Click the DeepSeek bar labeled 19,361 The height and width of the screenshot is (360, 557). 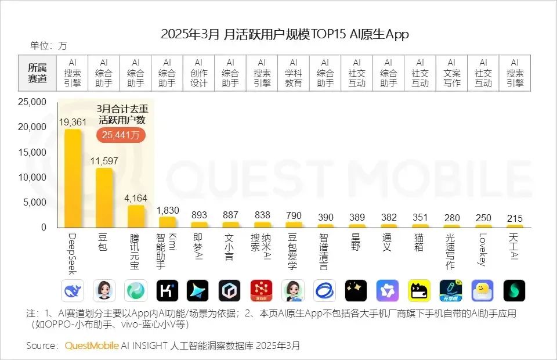coord(73,177)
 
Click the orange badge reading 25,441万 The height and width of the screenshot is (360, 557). coord(121,135)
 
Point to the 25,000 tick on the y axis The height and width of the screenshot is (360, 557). coord(32,102)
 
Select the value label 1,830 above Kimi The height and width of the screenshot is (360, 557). coord(167,210)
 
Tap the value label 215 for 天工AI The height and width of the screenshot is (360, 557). coord(514,218)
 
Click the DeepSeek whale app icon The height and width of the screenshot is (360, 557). coord(73,290)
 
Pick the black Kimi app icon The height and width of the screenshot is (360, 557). coord(167,290)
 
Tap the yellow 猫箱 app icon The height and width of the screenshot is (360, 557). coord(419,290)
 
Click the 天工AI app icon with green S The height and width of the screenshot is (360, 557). coord(514,290)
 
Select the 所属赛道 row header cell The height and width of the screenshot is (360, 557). coord(38,73)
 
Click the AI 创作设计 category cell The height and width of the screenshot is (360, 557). coord(198,73)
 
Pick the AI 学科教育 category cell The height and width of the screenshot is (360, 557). coord(293,73)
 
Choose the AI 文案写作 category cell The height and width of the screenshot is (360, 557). coord(451,73)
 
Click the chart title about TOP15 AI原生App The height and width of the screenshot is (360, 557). coord(284,34)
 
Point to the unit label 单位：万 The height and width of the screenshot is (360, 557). coord(49,46)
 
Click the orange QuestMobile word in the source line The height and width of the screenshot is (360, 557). coord(91,345)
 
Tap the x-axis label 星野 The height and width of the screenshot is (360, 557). coord(356,243)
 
